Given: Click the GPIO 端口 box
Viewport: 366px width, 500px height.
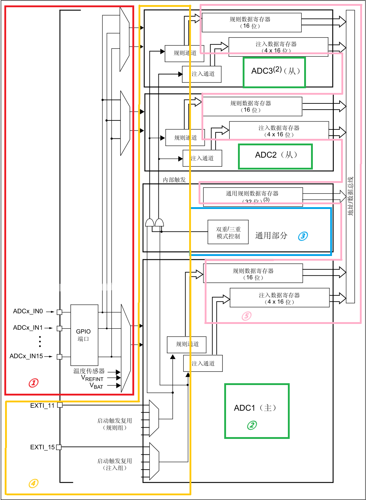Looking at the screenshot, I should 84,335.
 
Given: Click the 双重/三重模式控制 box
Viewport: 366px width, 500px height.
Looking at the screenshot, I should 228,232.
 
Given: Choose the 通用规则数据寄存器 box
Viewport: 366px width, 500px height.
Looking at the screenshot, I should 252,196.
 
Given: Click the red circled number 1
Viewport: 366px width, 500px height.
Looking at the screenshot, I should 34,383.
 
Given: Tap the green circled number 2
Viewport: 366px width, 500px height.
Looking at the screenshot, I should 252,425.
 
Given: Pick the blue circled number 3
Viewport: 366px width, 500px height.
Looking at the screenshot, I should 303,236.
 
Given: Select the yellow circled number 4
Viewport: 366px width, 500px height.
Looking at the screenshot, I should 33,483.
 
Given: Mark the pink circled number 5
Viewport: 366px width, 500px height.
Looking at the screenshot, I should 246,316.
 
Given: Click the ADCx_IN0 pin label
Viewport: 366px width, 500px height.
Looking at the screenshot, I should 28,311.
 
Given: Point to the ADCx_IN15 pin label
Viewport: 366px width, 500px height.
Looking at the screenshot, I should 26,356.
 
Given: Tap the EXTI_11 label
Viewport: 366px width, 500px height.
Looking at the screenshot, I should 42,406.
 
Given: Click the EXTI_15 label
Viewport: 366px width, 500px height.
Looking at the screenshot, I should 42,447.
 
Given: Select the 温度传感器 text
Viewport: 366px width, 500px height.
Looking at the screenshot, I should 89,371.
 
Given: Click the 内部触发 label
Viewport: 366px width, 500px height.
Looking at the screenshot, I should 174,180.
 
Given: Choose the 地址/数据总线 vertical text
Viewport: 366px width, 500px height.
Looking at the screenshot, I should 350,196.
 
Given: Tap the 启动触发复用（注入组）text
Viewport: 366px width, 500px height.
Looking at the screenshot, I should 115,464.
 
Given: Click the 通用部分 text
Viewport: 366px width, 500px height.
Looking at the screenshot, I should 271,236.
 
